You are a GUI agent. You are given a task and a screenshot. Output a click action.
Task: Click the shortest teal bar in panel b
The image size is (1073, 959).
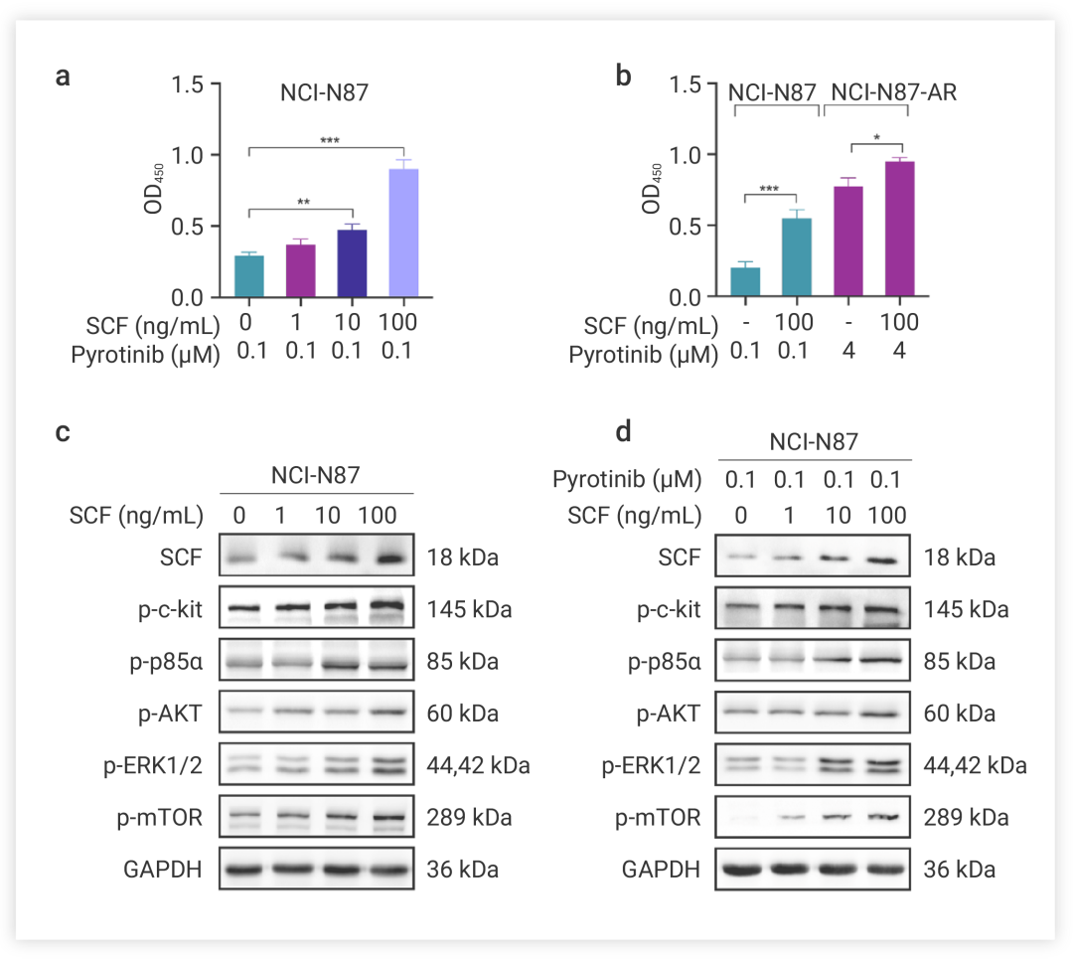[x=745, y=282]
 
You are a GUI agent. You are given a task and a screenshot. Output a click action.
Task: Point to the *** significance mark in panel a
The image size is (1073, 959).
[x=330, y=141]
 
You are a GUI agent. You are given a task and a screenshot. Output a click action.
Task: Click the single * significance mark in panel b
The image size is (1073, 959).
[x=876, y=138]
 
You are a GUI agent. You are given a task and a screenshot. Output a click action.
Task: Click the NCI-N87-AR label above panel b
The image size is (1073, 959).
[x=894, y=93]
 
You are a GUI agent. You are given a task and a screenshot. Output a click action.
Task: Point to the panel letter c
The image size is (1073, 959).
[x=62, y=434]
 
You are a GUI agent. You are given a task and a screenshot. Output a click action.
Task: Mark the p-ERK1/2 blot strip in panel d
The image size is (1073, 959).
[x=812, y=765]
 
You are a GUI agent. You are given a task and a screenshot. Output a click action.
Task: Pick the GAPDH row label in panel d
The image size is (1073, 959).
[x=662, y=871]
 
